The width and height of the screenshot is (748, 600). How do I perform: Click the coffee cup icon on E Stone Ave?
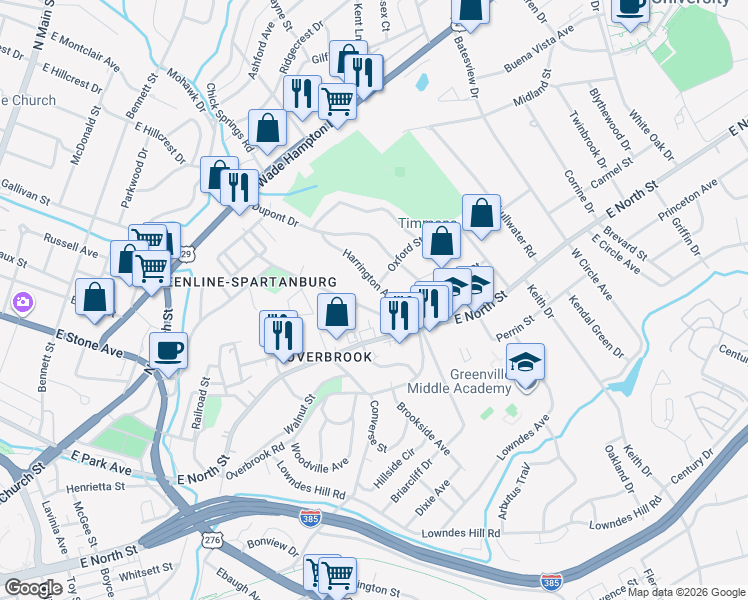[168, 350]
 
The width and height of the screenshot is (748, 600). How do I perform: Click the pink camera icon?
[22, 301]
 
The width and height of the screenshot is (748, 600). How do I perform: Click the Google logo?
[33, 588]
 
